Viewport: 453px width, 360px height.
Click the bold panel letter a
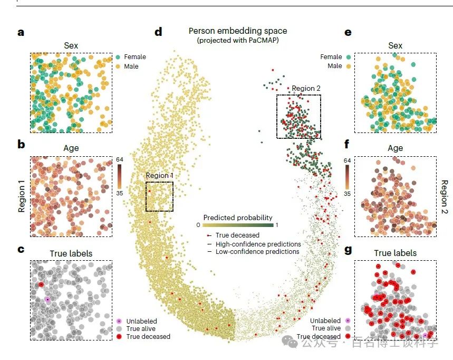click(x=21, y=32)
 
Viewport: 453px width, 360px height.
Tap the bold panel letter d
click(x=158, y=32)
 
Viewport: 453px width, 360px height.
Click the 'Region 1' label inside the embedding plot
click(x=159, y=176)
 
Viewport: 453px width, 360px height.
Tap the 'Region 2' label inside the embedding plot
click(x=306, y=89)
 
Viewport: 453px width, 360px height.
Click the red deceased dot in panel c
click(x=41, y=285)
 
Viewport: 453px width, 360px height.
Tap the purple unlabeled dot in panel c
click(x=47, y=299)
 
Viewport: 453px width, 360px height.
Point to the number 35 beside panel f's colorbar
click(x=347, y=194)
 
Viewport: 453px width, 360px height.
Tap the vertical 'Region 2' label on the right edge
click(x=444, y=196)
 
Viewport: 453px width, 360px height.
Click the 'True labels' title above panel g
click(x=395, y=253)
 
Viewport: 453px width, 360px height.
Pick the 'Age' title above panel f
click(x=395, y=149)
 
